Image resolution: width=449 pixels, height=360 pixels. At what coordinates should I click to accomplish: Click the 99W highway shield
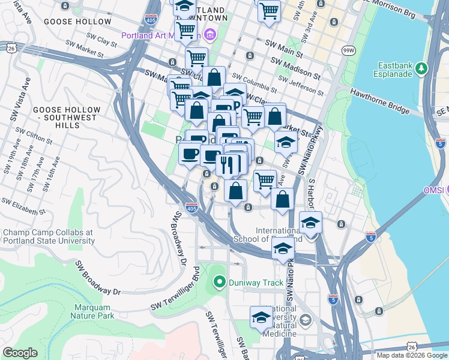click(x=348, y=52)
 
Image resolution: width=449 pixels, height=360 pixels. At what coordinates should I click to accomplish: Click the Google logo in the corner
click(x=20, y=353)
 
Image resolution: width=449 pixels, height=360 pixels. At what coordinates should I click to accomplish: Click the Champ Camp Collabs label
click(x=48, y=236)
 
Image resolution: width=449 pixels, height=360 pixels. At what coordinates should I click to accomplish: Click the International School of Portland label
click(x=278, y=235)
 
